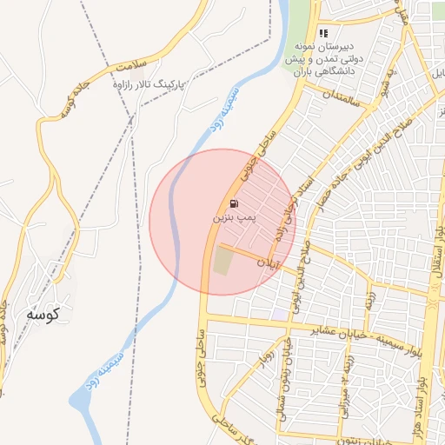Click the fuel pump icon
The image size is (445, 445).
coord(232,203)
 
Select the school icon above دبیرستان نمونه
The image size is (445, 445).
coord(323,33)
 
